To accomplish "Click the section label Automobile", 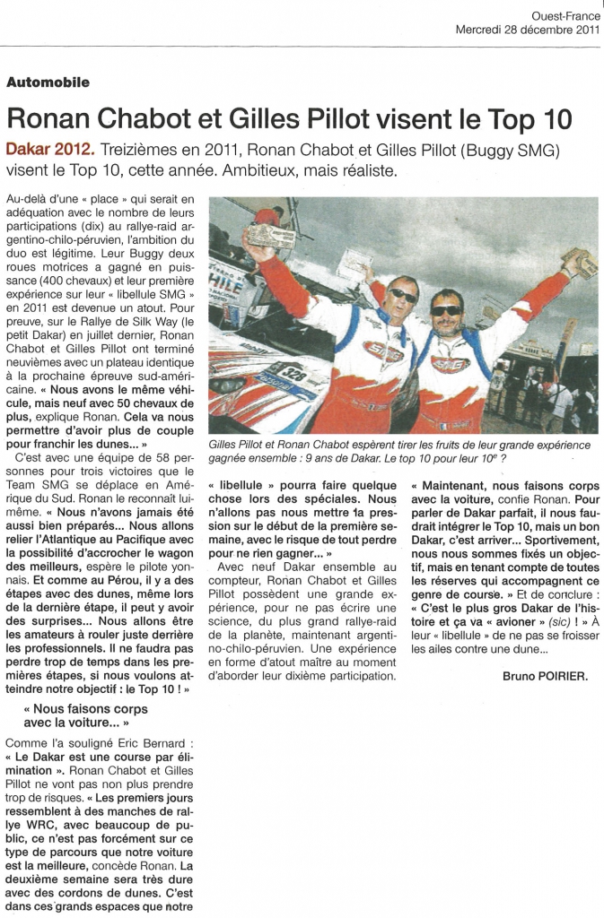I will [x=48, y=82].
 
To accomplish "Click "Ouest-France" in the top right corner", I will [x=565, y=15].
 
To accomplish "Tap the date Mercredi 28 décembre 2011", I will [x=528, y=29].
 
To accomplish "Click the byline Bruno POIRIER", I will [x=545, y=677].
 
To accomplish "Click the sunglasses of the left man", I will [x=403, y=295].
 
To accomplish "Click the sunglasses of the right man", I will [x=446, y=310].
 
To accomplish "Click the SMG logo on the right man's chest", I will [x=449, y=363].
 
